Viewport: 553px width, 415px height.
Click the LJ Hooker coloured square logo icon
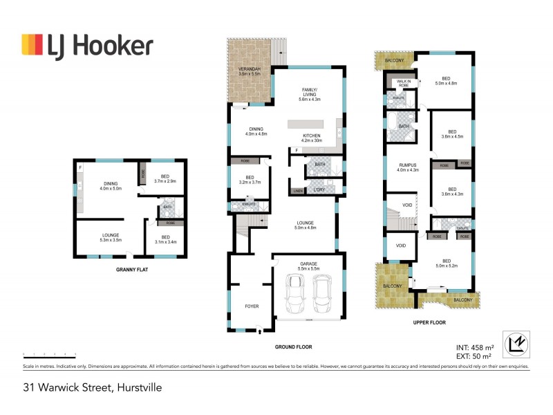click(x=32, y=46)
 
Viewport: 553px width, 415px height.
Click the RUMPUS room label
click(x=408, y=166)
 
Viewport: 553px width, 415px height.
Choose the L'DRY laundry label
click(x=319, y=190)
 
